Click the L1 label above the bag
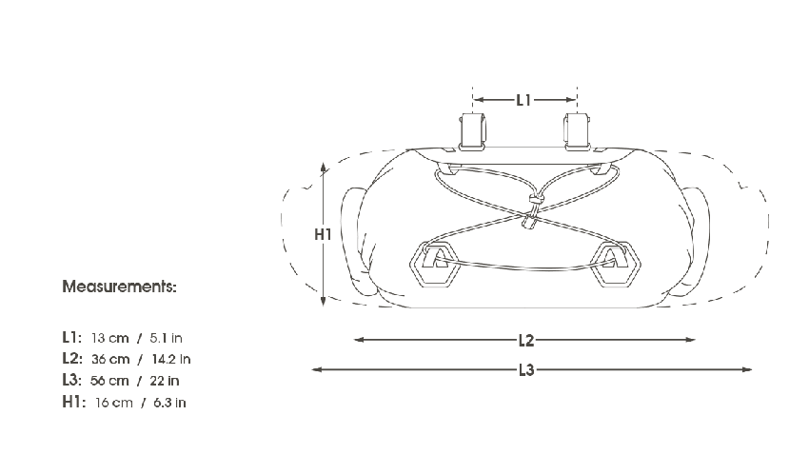pyautogui.click(x=523, y=99)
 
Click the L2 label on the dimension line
pyautogui.click(x=525, y=340)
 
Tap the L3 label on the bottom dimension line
pyautogui.click(x=525, y=370)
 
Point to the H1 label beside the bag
pyautogui.click(x=323, y=233)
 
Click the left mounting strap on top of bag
pyautogui.click(x=471, y=129)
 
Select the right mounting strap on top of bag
pyautogui.click(x=575, y=129)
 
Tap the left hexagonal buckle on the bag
pyautogui.click(x=435, y=262)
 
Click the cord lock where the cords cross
pyautogui.click(x=528, y=221)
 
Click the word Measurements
pyautogui.click(x=119, y=287)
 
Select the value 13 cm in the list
pyautogui.click(x=110, y=338)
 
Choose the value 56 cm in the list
pyautogui.click(x=110, y=381)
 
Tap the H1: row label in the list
pyautogui.click(x=72, y=403)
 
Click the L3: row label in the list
pyautogui.click(x=72, y=381)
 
